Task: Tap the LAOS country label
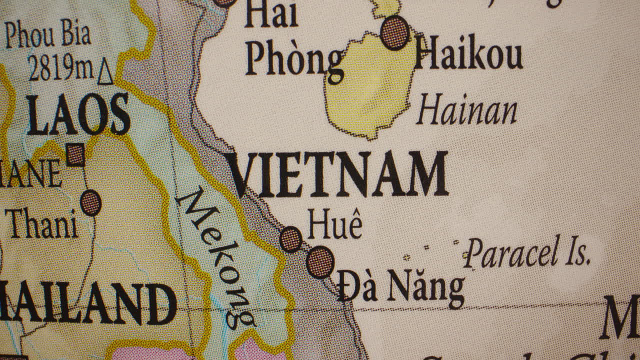point(78,114)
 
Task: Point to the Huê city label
point(334,224)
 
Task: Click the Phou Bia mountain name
point(48,34)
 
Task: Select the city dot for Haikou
point(395,32)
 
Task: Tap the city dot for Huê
point(290,239)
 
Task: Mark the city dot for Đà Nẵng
point(320,262)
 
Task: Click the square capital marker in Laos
point(75,154)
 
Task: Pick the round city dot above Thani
point(91,203)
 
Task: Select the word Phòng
point(294,60)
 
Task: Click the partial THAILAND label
point(87,303)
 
